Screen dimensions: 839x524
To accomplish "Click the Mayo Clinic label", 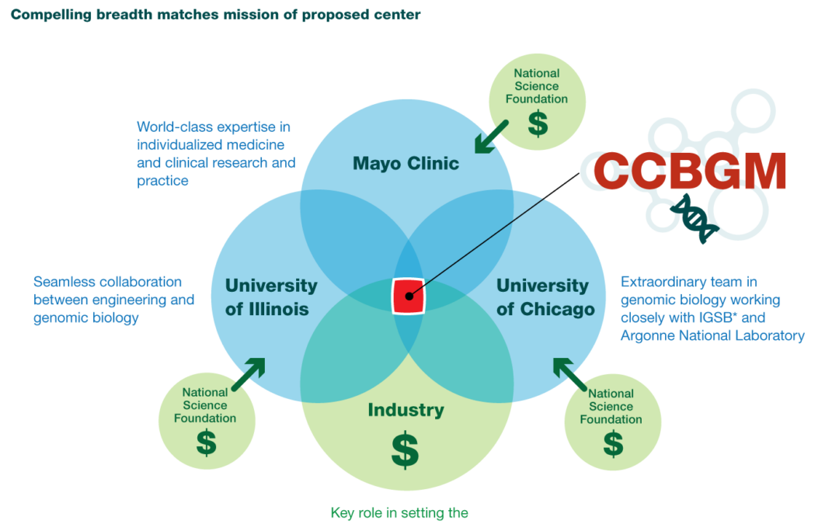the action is click(406, 163).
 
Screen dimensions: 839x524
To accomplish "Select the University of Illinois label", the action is click(271, 297).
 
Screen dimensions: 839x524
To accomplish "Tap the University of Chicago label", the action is click(545, 297).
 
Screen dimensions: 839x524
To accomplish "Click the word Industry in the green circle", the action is click(406, 410).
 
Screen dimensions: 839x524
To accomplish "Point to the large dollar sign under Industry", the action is click(405, 449).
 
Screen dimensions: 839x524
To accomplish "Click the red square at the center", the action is click(409, 296).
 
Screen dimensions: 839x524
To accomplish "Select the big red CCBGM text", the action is click(689, 171).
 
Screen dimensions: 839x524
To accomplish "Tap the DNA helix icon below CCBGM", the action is click(694, 218).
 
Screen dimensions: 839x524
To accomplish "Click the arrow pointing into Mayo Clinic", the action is click(491, 137).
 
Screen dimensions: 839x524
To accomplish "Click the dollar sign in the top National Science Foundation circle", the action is click(538, 123).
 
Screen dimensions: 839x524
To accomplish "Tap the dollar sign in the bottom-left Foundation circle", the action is click(207, 442).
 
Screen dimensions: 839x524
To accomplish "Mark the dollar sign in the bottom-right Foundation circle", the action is click(613, 444).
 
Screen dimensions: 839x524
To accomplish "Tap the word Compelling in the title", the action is click(51, 15).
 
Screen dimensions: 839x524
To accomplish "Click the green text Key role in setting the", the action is click(399, 513).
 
